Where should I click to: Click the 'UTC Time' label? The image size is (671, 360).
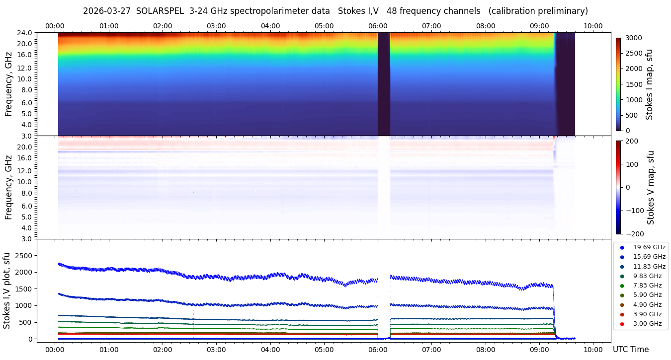(x=630, y=350)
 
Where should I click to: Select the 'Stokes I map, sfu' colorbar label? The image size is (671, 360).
(x=649, y=84)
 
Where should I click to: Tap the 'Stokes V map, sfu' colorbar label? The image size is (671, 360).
(x=651, y=187)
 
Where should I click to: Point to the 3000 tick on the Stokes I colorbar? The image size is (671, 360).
(x=633, y=38)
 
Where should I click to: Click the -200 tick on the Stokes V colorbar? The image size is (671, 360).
(x=634, y=234)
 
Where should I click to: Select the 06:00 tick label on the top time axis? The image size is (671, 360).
(x=378, y=26)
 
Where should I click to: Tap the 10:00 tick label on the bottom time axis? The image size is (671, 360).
(x=593, y=350)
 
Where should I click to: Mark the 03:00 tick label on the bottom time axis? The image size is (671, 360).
(x=216, y=350)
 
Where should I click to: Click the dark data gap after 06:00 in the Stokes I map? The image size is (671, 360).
(x=384, y=84)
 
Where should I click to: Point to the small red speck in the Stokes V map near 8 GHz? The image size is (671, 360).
(x=193, y=192)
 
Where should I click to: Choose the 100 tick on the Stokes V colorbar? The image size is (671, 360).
(x=632, y=164)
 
